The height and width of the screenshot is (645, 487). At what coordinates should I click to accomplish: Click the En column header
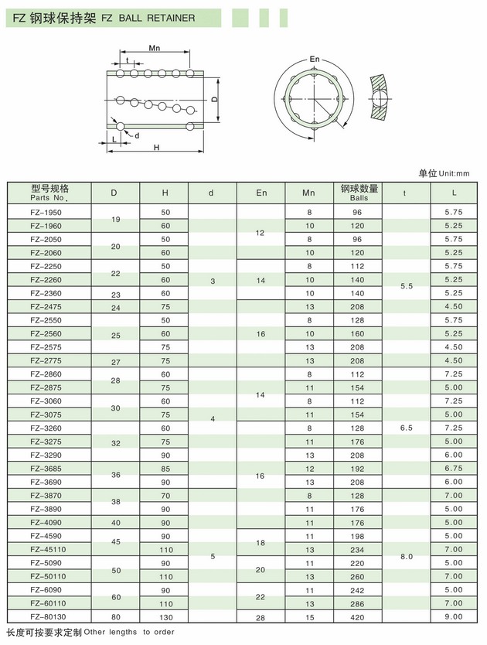261,192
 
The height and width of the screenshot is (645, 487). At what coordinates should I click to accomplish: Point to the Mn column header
309,192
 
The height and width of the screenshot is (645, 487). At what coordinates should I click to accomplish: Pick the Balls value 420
358,616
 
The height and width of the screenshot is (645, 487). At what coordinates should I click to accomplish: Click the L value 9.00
454,616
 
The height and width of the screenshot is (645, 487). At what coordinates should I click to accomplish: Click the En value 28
261,616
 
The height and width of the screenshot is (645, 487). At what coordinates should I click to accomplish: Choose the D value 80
114,616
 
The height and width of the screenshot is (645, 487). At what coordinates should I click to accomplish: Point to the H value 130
165,616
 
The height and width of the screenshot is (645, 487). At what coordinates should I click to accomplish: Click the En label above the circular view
314,59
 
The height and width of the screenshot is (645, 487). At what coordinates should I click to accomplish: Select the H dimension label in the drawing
157,147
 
